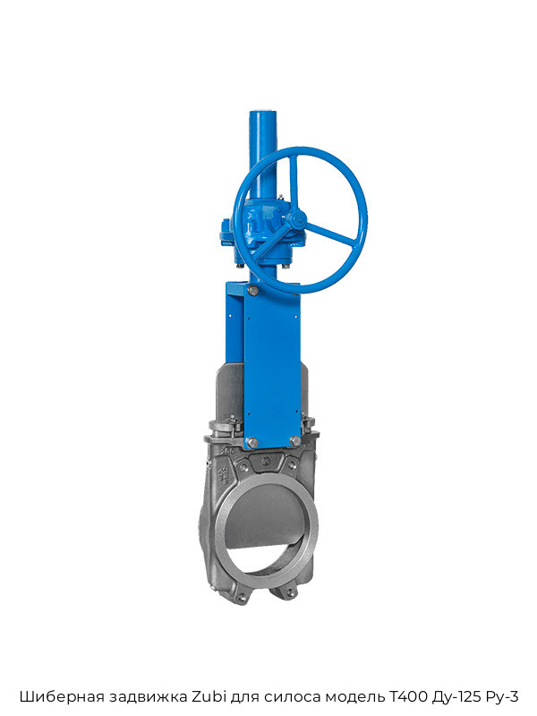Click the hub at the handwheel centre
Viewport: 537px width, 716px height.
(x=298, y=219)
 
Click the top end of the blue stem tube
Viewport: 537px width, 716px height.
(x=264, y=113)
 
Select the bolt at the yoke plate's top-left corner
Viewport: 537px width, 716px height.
(x=252, y=289)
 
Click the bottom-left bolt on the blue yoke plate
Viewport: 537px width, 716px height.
(x=251, y=441)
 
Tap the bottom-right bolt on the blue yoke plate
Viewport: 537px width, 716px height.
(x=295, y=441)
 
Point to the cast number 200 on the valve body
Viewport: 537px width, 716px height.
(x=228, y=451)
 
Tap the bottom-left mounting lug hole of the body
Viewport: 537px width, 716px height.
(x=242, y=596)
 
